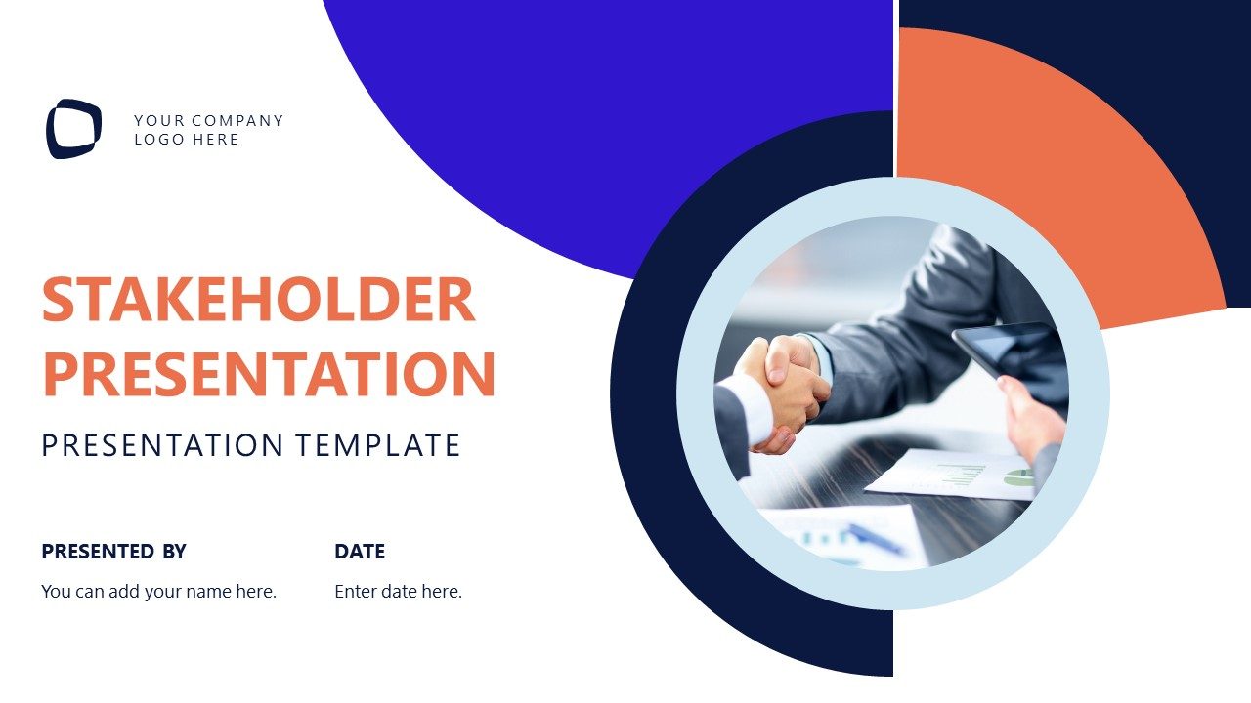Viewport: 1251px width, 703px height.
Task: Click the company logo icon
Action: tap(73, 129)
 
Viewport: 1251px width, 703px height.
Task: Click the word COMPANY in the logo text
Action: tap(237, 121)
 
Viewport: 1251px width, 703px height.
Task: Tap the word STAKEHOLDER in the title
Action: tap(258, 300)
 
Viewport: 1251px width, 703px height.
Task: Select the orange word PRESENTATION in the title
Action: tap(269, 374)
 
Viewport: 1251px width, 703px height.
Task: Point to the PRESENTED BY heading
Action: tap(113, 552)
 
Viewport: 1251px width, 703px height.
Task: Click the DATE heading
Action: tap(360, 552)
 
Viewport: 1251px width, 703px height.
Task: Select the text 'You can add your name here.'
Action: tap(158, 592)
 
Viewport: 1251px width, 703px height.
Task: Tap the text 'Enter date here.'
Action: tap(398, 592)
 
